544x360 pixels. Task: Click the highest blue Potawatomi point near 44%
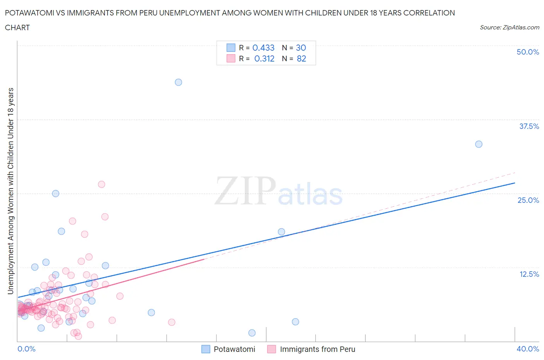[178, 82]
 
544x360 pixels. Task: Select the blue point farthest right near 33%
[479, 144]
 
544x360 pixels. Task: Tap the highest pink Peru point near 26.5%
[101, 184]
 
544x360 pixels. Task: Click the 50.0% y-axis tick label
[528, 52]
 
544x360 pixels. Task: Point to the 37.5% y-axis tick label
[529, 126]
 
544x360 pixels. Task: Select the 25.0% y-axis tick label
[528, 200]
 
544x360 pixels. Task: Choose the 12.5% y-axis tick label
[529, 274]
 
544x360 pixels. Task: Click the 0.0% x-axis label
[26, 349]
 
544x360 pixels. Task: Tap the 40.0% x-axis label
[528, 349]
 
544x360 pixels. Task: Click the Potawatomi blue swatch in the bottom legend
[206, 349]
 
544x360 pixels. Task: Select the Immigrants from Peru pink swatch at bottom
[272, 349]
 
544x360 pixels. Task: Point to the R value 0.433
[263, 48]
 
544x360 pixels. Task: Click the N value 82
[301, 58]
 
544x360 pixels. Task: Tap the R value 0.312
[264, 58]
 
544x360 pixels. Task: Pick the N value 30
[301, 48]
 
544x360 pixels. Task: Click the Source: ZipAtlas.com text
[509, 27]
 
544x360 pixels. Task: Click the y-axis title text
[11, 191]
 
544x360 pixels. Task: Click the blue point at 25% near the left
[56, 194]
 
